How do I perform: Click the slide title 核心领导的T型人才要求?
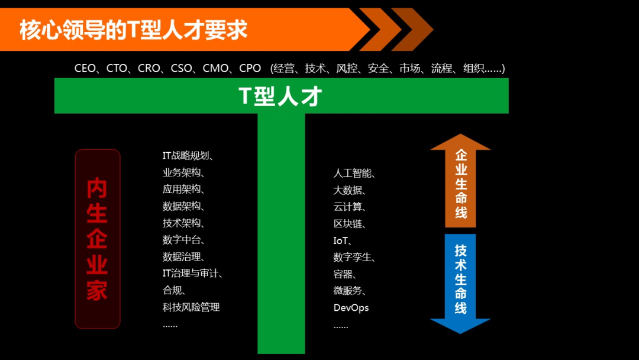coord(133,30)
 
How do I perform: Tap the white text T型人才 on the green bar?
coord(281,96)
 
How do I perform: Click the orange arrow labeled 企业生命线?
coord(460,184)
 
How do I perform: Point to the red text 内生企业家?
coord(97,239)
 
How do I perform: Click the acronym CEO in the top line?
coord(86,69)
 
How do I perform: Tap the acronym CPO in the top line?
coord(250,69)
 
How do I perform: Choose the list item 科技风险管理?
coord(191,307)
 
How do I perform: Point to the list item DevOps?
coord(351,308)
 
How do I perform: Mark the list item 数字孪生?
coord(353,258)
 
